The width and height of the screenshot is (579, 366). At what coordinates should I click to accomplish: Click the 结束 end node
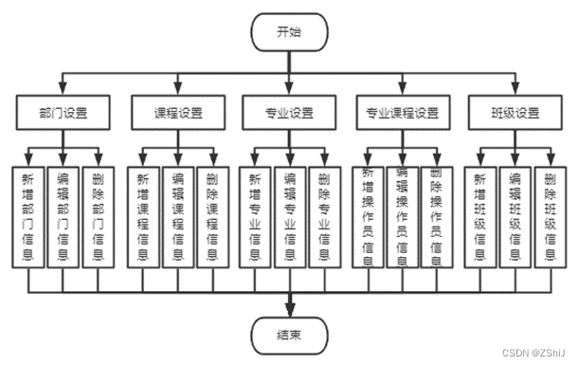tap(290, 335)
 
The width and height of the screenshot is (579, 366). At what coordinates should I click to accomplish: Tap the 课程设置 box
tap(176, 113)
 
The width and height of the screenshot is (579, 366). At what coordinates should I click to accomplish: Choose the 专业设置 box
tap(290, 113)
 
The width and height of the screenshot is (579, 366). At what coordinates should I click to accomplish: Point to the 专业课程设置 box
tap(403, 113)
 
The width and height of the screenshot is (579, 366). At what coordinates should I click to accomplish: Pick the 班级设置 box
tap(516, 113)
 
